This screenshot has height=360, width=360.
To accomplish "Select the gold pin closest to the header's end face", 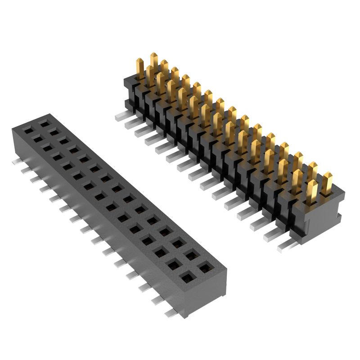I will pos(327,182).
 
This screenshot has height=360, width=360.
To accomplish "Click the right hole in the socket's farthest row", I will pos(43,122).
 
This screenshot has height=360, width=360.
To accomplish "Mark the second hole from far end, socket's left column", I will pos(38,140).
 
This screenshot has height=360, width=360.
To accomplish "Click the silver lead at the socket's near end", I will pos(171,312).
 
